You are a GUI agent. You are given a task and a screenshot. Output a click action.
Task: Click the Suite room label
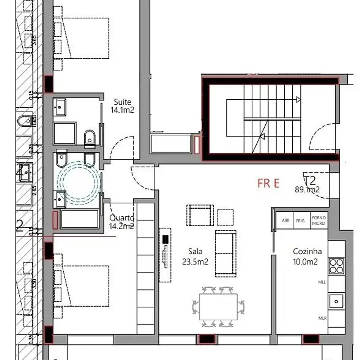[x=122, y=102]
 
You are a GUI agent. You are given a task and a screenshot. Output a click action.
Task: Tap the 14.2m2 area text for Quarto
[x=122, y=226]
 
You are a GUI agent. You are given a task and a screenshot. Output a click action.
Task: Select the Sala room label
[x=195, y=251]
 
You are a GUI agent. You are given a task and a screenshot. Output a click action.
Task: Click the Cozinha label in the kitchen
[x=307, y=252]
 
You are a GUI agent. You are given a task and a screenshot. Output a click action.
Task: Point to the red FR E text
[x=269, y=183]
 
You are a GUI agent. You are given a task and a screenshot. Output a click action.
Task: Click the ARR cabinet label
[x=286, y=221]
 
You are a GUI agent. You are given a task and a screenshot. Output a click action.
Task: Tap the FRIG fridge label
[x=300, y=221]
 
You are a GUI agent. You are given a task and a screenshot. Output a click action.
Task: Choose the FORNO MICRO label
[x=319, y=221]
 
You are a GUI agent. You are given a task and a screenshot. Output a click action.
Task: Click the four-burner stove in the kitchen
[x=336, y=266]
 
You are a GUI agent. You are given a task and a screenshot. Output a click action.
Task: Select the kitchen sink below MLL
[x=336, y=301]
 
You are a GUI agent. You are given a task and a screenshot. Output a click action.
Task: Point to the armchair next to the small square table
[x=200, y=215]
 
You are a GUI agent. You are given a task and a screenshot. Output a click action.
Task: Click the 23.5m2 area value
[x=195, y=262]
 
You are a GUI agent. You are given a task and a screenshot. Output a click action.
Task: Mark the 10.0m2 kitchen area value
[x=306, y=262]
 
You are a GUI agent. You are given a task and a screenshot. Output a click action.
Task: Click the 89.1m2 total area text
[x=307, y=190]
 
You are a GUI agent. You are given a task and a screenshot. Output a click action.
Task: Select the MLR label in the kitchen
[x=322, y=318]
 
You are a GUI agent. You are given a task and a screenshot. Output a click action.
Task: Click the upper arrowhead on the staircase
[x=298, y=100]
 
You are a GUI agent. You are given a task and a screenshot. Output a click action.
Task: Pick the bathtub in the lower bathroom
[x=80, y=219]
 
